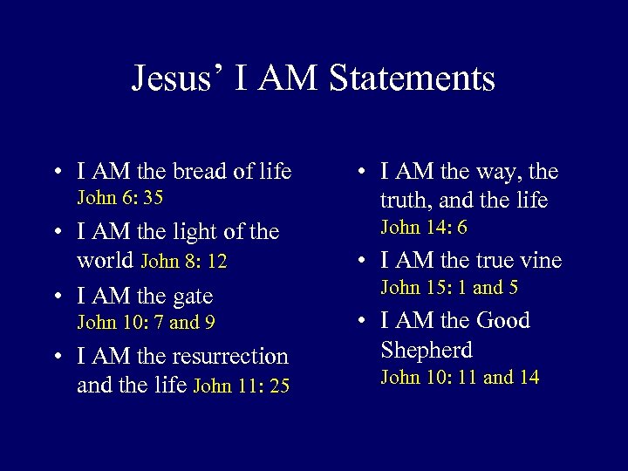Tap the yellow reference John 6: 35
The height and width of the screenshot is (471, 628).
pos(120,197)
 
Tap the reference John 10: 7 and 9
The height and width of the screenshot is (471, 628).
pos(147,323)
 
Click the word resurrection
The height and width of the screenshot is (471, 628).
pos(223,356)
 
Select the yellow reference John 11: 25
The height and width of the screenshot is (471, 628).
pos(241,386)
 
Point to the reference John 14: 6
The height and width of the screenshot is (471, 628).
pos(424,228)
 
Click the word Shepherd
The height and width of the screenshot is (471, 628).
pos(427,350)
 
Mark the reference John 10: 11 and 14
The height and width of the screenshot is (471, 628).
pos(460,378)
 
